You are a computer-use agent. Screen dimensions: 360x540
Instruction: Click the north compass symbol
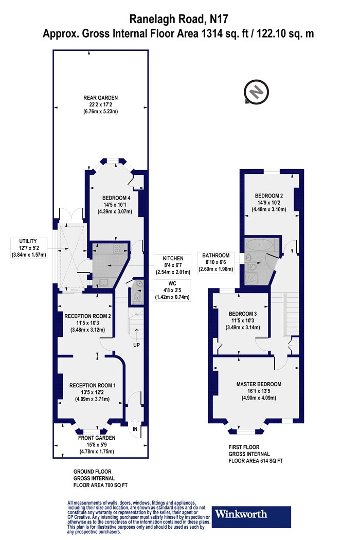[256, 92]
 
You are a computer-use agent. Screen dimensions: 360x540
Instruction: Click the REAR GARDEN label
[100, 98]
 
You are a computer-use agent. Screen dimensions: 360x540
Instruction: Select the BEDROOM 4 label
[116, 198]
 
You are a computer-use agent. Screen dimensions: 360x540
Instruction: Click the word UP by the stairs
[136, 345]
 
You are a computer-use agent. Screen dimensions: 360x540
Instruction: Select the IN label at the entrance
[135, 429]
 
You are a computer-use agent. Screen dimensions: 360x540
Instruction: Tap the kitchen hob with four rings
[119, 248]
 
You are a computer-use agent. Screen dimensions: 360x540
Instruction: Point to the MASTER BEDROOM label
[259, 384]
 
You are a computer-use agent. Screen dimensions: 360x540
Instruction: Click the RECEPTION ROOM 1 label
[93, 385]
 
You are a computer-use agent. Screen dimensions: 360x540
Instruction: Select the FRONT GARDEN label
[97, 438]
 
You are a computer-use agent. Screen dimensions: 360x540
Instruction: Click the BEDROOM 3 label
[243, 314]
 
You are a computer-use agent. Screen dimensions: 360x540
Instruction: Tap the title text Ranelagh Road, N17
[178, 19]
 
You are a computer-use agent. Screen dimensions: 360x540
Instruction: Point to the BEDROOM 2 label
[269, 195]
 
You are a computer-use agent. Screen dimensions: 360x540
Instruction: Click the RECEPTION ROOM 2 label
[87, 316]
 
